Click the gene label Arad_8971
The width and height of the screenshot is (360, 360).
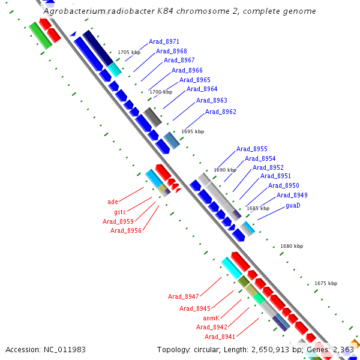point(164,41)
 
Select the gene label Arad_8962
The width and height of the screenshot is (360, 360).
point(220,112)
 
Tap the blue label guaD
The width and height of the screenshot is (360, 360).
point(293,205)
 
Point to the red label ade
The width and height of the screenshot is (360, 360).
point(113,202)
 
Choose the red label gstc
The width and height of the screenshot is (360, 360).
point(119,212)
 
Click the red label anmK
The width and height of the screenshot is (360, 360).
point(211,317)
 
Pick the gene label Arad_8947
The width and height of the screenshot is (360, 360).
point(183,296)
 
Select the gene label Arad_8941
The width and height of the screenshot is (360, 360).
point(220,337)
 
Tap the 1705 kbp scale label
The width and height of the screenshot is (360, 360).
point(128,53)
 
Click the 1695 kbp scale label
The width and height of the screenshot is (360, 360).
point(193,131)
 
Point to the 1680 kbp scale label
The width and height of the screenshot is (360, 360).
point(292,246)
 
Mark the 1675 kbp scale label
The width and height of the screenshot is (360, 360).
point(326,283)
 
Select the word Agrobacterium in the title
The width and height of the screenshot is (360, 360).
point(74,11)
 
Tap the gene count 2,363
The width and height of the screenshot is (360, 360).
point(344,349)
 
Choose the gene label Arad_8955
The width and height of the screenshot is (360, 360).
point(251,149)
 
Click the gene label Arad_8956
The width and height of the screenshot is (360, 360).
point(125,230)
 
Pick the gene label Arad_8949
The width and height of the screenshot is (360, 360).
point(292,195)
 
